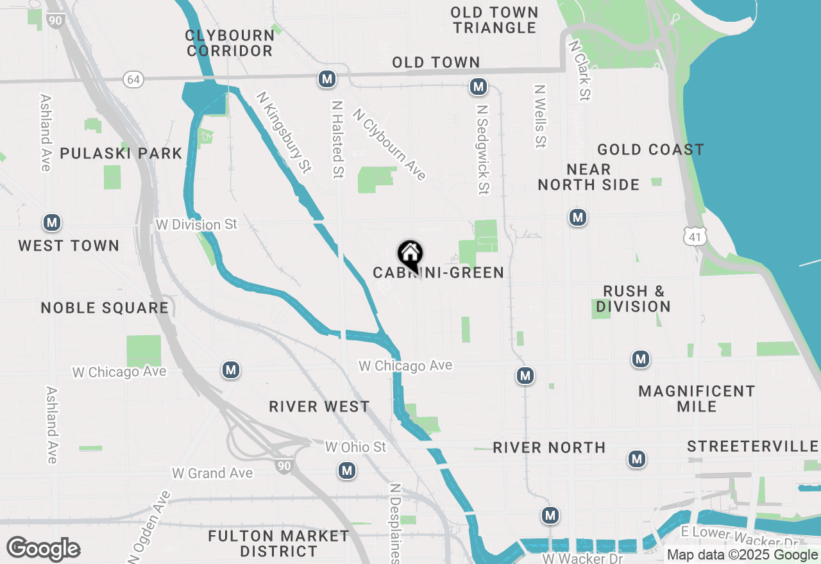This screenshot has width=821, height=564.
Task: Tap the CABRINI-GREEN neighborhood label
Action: click(x=439, y=273)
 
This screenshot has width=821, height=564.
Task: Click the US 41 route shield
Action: click(x=695, y=237)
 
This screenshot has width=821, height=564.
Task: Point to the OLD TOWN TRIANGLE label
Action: click(x=494, y=20)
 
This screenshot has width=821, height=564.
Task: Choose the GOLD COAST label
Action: click(x=650, y=150)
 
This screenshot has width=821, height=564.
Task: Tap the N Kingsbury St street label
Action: click(x=284, y=132)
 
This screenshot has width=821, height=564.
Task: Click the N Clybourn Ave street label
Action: click(x=389, y=144)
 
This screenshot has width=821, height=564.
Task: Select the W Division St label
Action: click(x=196, y=225)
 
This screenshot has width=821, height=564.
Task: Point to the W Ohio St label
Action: click(x=355, y=447)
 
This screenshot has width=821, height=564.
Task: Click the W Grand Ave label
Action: click(x=212, y=474)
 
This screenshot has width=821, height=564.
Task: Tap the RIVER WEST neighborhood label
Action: click(x=319, y=407)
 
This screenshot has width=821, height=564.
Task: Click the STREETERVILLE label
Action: click(x=752, y=447)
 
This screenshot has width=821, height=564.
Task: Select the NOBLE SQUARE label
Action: click(x=105, y=308)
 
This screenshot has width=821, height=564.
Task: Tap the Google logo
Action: click(x=43, y=549)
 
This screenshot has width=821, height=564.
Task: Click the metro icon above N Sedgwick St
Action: click(x=477, y=87)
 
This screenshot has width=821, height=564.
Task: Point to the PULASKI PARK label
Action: click(x=121, y=154)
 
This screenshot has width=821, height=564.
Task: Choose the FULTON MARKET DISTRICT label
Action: click(x=278, y=543)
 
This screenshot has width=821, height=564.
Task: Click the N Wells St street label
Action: click(x=541, y=116)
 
